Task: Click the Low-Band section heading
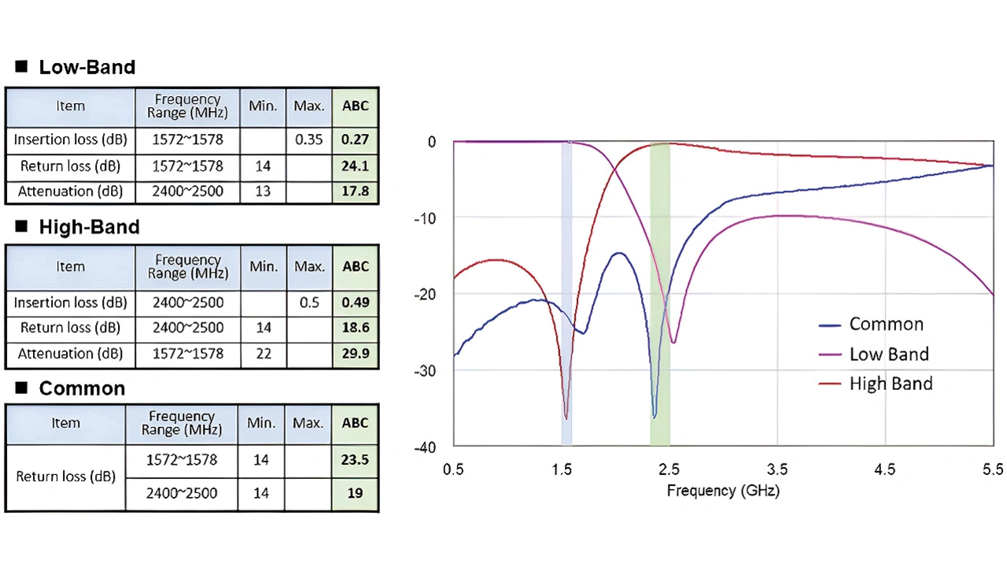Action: coord(87,67)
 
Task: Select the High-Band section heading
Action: coord(89,228)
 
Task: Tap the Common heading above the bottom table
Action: coord(82,388)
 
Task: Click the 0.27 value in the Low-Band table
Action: coord(356,140)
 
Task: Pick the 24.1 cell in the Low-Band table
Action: coord(356,166)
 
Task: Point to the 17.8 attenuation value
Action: coord(356,191)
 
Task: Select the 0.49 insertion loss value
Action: coord(356,303)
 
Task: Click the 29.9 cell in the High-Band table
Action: coord(356,354)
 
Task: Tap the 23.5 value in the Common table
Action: coord(355,460)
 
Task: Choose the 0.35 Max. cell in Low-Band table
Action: coord(309,140)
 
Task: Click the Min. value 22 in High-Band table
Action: coord(263,354)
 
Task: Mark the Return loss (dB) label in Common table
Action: coord(65,477)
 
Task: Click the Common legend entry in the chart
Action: coord(886,325)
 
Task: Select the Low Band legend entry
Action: coord(889,355)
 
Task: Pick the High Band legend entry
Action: coord(891,384)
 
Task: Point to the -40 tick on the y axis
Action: coord(425,447)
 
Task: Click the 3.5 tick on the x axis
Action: coord(777,470)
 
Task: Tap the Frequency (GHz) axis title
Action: coord(723,491)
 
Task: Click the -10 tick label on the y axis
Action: coord(425,218)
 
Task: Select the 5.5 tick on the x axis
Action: coord(993,470)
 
